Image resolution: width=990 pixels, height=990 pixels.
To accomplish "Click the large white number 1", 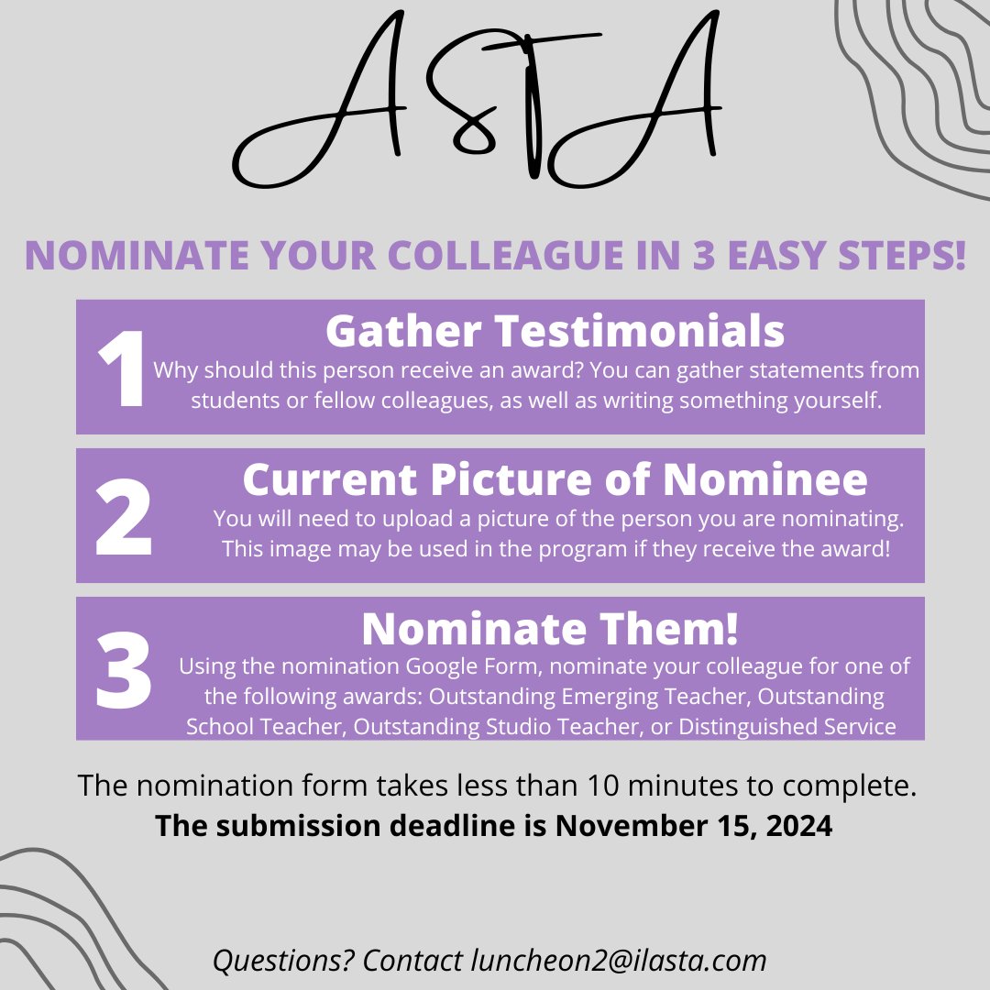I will coord(121,370).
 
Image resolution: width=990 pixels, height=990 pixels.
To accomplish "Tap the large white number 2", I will coord(124,518).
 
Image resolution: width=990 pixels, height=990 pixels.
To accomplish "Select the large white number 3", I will coord(123,668).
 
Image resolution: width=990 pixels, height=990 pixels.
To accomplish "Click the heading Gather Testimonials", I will coord(555,332).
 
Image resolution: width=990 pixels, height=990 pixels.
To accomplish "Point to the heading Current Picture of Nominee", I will coord(555,479).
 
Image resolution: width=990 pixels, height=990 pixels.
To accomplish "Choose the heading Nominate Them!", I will coord(550,629).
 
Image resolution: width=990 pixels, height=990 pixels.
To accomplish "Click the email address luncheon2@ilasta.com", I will coord(619,960).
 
